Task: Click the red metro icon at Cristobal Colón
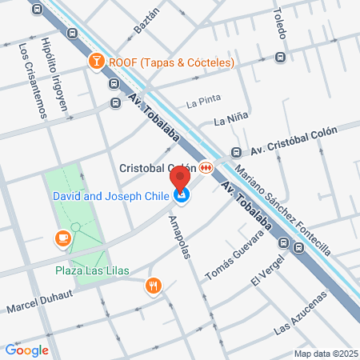[207, 168]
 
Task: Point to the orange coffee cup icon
[62, 238]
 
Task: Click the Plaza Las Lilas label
[91, 270]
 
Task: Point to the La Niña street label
[230, 121]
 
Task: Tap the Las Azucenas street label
[301, 315]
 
